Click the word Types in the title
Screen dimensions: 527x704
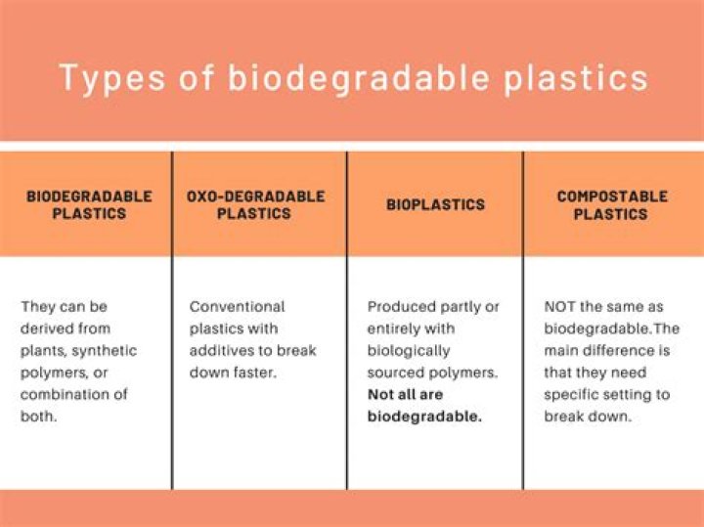[x=101, y=77]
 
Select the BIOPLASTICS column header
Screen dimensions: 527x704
[x=435, y=205]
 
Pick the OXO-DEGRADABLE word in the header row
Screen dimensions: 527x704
[x=255, y=197]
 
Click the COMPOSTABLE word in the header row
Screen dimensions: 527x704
[x=612, y=197]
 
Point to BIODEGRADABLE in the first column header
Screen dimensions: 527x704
[x=89, y=197]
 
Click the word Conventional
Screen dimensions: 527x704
[x=238, y=307]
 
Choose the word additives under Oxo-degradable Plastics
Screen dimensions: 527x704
[x=222, y=351]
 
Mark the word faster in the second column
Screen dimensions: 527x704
[x=256, y=373]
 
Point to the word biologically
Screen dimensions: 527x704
[x=409, y=351]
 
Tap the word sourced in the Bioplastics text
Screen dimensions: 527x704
[x=395, y=373]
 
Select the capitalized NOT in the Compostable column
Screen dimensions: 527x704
[x=562, y=307]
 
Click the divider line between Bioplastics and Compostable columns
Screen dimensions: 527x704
[x=523, y=323]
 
